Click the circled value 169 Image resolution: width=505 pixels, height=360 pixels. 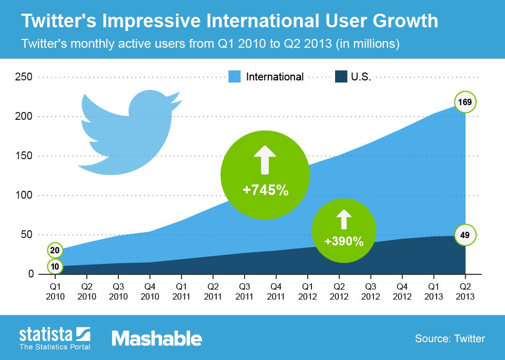pyautogui.click(x=465, y=102)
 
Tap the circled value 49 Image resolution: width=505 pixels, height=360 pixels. pyautogui.click(x=465, y=234)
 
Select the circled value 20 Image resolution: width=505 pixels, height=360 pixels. pyautogui.click(x=55, y=250)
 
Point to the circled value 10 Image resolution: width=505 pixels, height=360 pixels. pyautogui.click(x=55, y=267)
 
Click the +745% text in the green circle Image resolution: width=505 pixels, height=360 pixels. pyautogui.click(x=265, y=190)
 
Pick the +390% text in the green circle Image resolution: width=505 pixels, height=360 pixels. pyautogui.click(x=344, y=242)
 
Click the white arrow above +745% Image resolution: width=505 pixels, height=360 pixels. pyautogui.click(x=265, y=159)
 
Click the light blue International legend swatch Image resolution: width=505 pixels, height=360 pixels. pyautogui.click(x=235, y=77)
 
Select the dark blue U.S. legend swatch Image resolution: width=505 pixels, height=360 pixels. pyautogui.click(x=341, y=77)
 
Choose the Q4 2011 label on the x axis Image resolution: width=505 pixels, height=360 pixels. pyautogui.click(x=276, y=292)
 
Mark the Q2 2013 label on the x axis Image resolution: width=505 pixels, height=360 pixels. pyautogui.click(x=465, y=292)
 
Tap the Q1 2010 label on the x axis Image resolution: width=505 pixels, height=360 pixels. pyautogui.click(x=55, y=292)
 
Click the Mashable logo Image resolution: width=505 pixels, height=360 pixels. pyautogui.click(x=156, y=338)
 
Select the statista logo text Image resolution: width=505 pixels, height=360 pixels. pyautogui.click(x=46, y=335)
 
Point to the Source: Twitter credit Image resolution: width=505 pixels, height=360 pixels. pyautogui.click(x=449, y=338)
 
